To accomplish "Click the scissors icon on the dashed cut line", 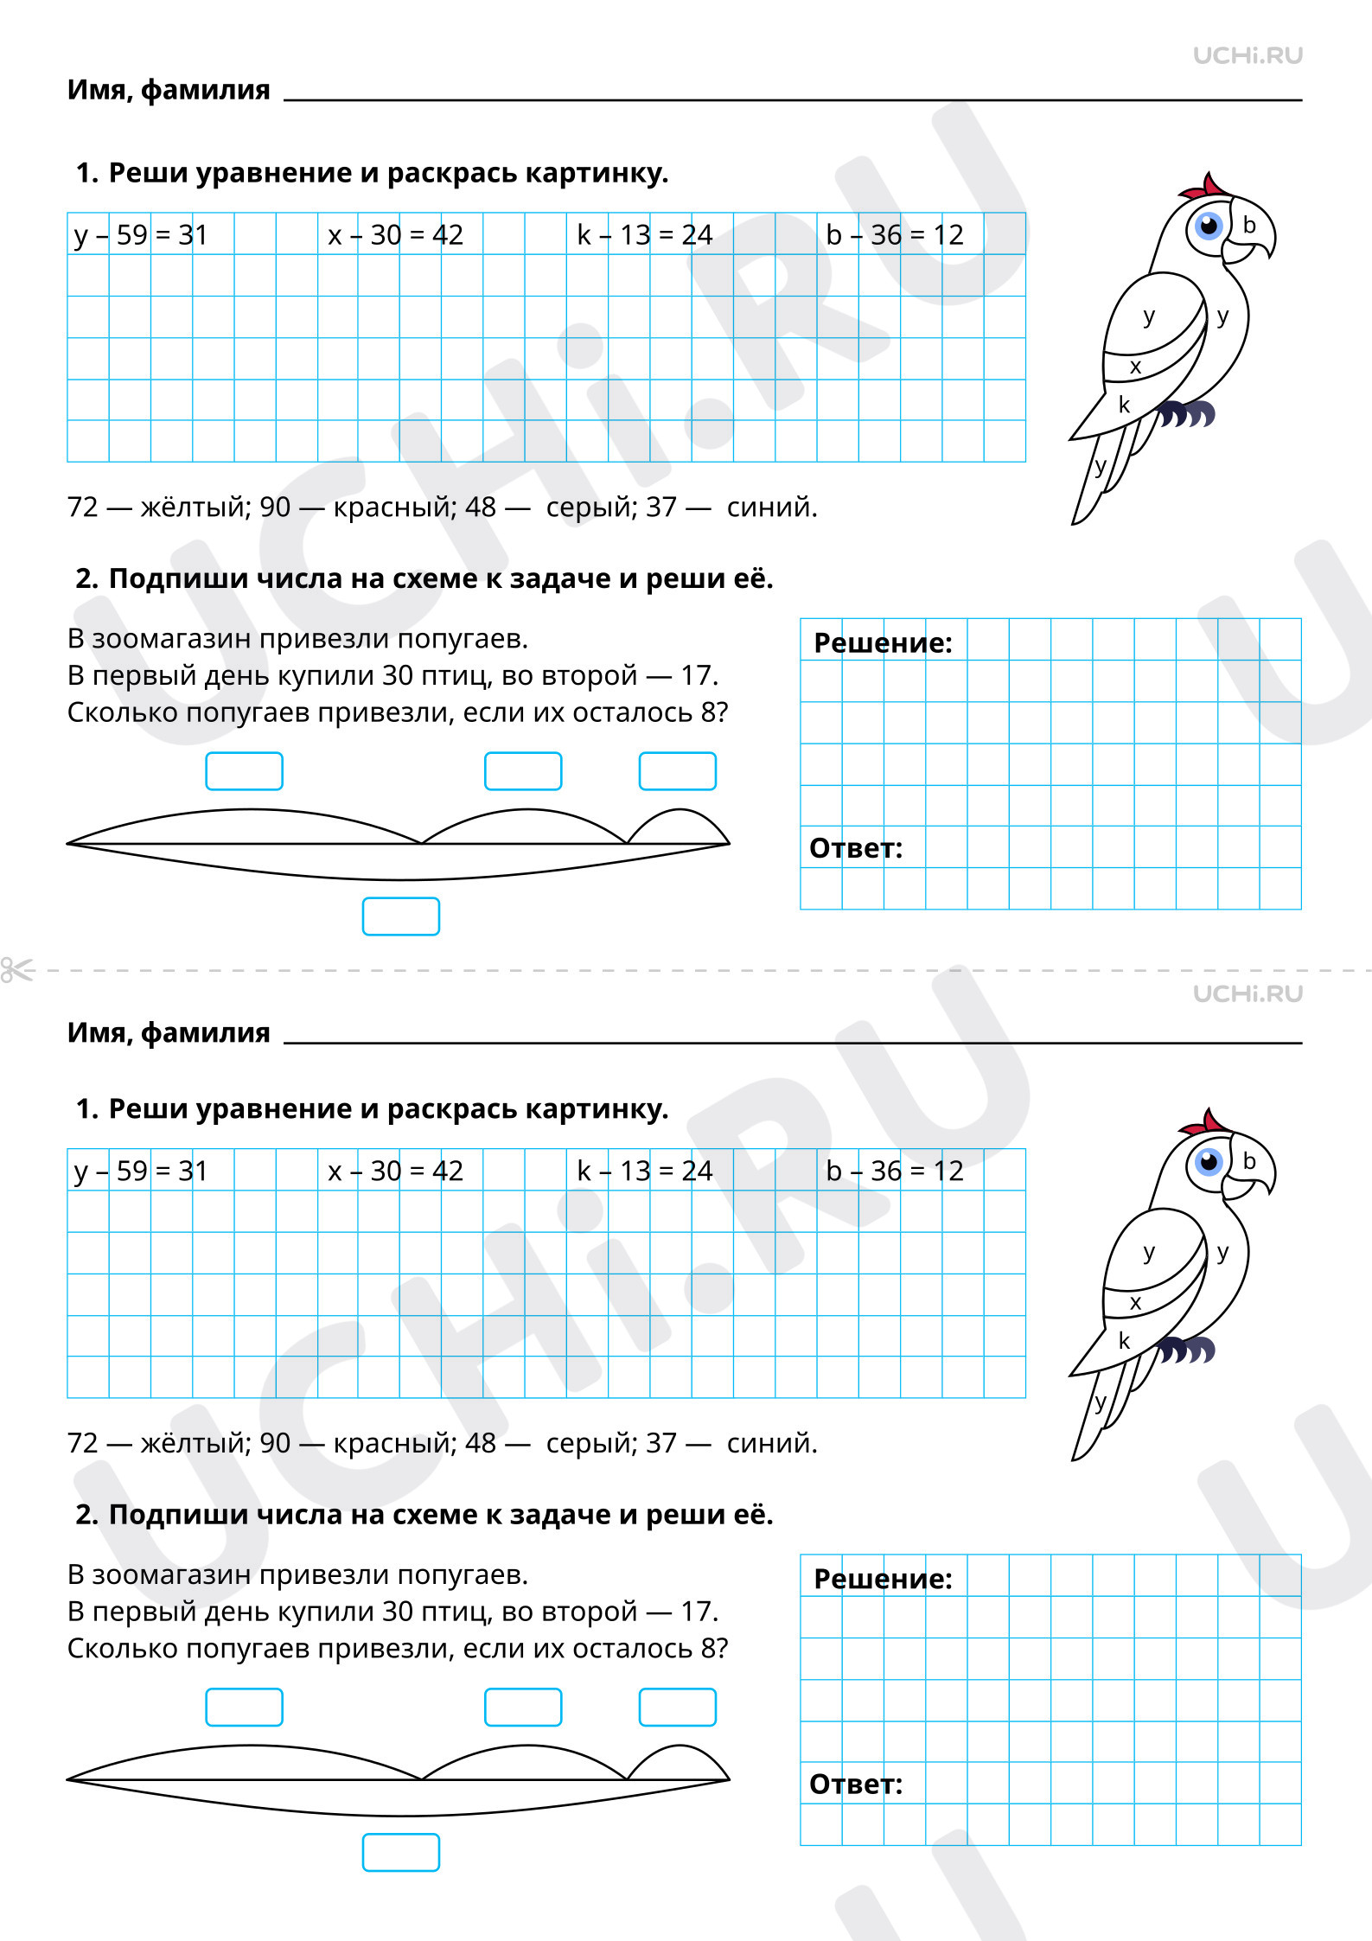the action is click(x=17, y=970).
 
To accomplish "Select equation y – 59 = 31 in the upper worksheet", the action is click(x=141, y=235).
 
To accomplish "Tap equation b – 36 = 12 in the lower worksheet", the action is click(x=895, y=1171).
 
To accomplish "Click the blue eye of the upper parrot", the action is click(x=1208, y=226).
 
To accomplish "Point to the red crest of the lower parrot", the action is click(x=1204, y=1122).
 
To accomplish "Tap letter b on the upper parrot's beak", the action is click(x=1249, y=225).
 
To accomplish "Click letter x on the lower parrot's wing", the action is click(x=1135, y=1302).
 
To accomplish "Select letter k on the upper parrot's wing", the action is click(x=1124, y=404).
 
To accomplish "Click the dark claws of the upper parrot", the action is click(x=1187, y=414).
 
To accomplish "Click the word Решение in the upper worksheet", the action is click(x=883, y=643).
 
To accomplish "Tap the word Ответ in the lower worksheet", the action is click(x=856, y=1785).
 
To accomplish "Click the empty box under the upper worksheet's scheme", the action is click(x=401, y=916).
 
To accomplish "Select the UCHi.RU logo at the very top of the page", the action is click(x=1248, y=55).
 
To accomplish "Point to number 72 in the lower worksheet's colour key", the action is click(x=83, y=1443).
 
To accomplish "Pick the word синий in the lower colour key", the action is click(x=772, y=1443).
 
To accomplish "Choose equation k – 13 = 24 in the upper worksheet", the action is click(x=645, y=235).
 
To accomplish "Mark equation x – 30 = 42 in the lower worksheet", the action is click(x=396, y=1171).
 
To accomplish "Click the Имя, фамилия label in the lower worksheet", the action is click(x=169, y=1033).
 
